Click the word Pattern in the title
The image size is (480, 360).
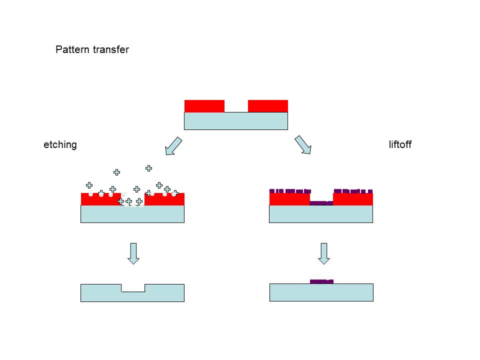click(x=72, y=49)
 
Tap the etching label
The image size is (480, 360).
click(x=60, y=144)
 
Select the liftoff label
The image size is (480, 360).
click(x=400, y=144)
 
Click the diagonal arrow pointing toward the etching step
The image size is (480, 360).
click(x=173, y=146)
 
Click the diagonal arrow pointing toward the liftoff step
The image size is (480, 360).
click(x=303, y=145)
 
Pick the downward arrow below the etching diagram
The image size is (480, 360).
click(x=133, y=253)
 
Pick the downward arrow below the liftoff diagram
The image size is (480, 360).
click(x=324, y=253)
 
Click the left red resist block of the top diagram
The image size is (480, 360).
click(x=204, y=106)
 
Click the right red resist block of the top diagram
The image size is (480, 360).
click(x=268, y=106)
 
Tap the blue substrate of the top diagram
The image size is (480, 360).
click(x=236, y=121)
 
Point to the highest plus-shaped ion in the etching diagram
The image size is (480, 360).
click(x=149, y=168)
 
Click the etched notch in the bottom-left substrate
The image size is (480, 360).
click(x=133, y=288)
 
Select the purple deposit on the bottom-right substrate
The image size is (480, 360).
click(x=321, y=281)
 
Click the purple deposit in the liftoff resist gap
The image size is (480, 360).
click(x=321, y=203)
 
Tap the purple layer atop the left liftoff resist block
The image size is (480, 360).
click(x=290, y=191)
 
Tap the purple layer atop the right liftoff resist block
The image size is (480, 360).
click(x=353, y=191)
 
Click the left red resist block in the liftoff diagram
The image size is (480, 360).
click(x=289, y=199)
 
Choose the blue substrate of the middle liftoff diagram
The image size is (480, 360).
click(x=321, y=214)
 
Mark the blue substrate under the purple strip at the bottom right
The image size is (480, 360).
click(x=321, y=292)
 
